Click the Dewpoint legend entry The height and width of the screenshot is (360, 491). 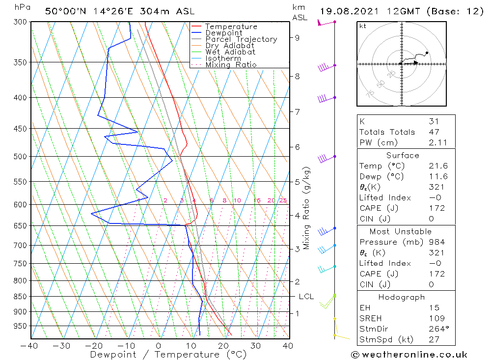[x=224, y=33]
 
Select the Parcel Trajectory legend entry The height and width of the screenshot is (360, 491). [x=241, y=39]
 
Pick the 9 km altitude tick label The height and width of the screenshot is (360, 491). [x=298, y=37]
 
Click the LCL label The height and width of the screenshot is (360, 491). [x=306, y=297]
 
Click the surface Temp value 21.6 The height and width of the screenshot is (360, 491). [x=437, y=166]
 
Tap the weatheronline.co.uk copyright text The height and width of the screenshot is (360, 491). [x=409, y=354]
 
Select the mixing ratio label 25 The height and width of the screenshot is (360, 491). [x=283, y=200]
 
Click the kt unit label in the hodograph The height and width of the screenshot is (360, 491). [x=362, y=26]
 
